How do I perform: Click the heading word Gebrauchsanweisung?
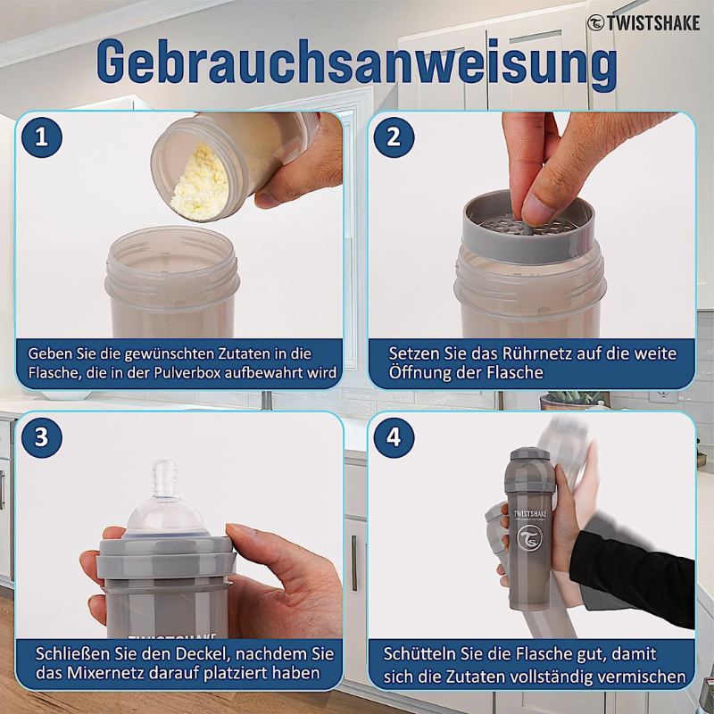pyautogui.click(x=357, y=64)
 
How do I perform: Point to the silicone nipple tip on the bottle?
pyautogui.click(x=163, y=473)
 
